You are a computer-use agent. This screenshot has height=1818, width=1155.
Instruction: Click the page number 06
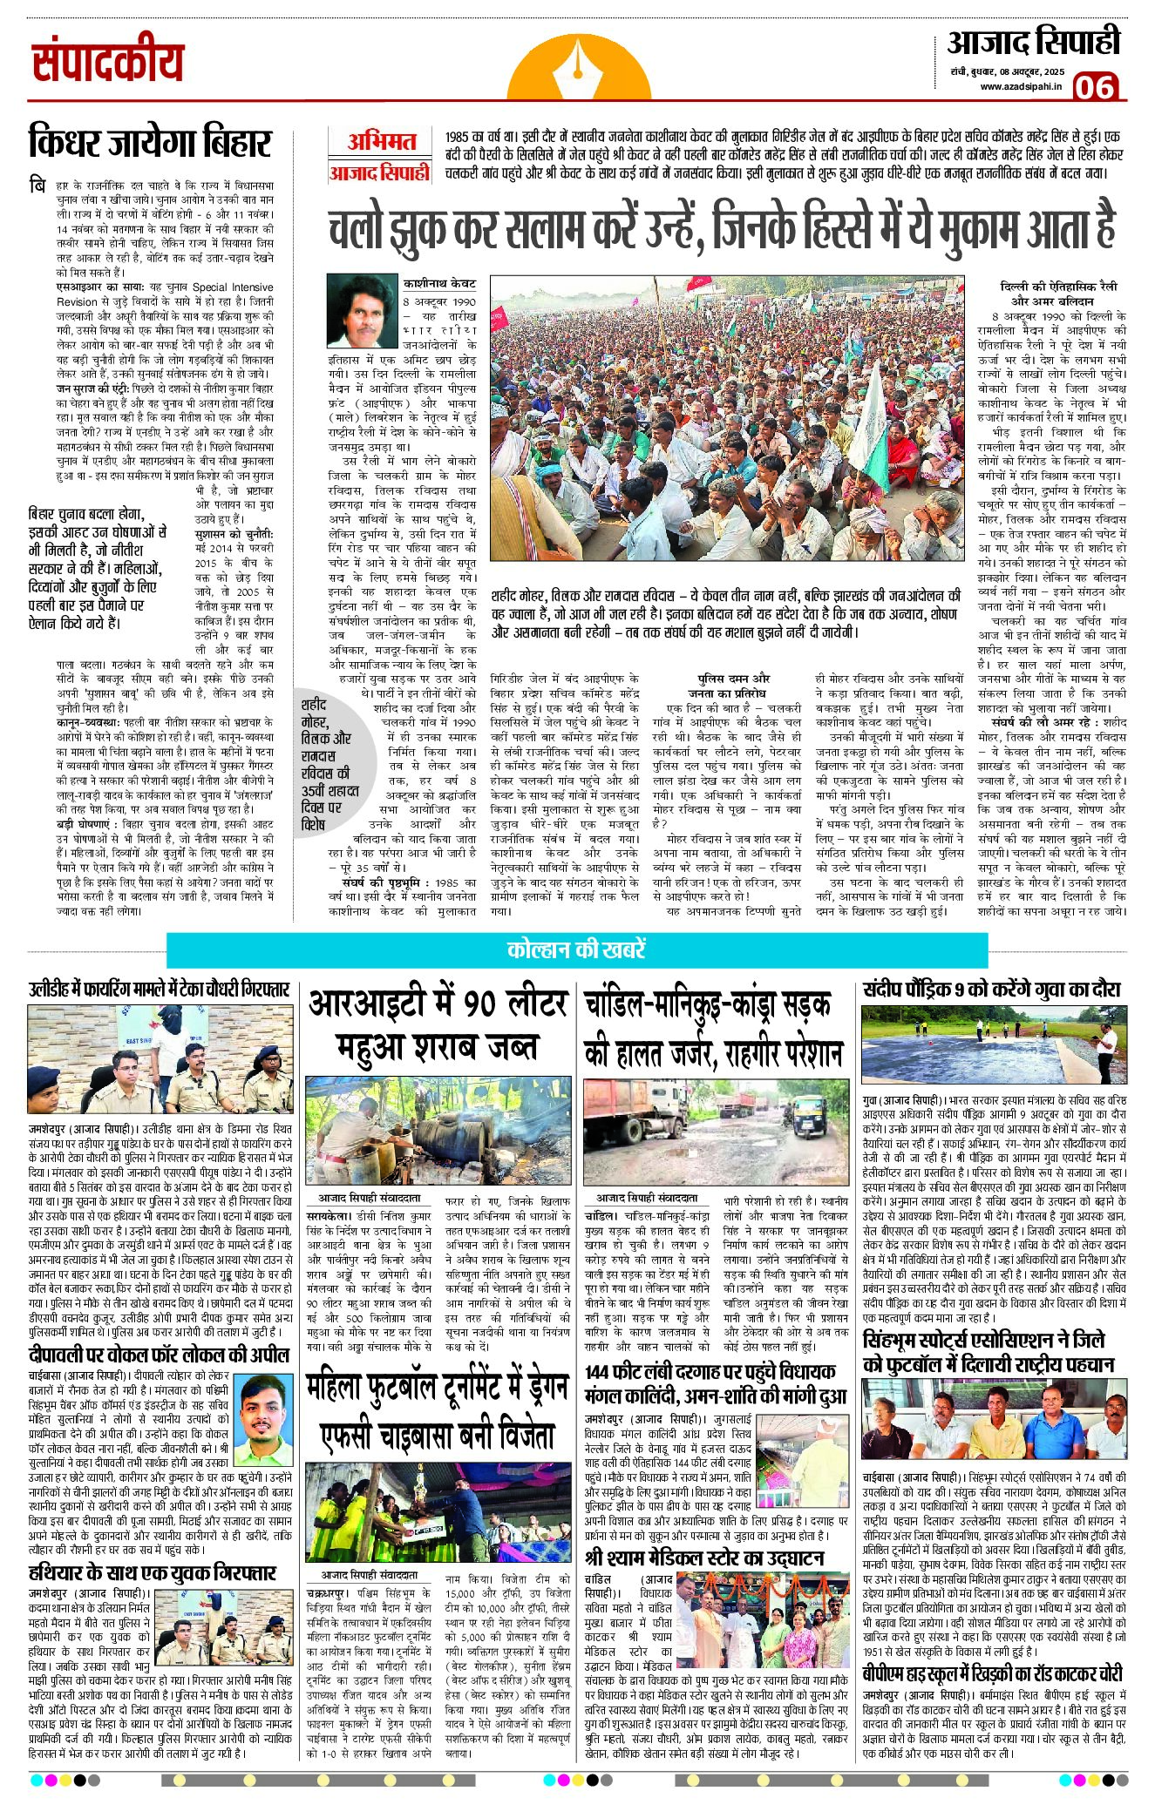tap(1094, 87)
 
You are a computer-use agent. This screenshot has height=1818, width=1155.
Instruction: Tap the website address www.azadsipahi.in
tap(1021, 85)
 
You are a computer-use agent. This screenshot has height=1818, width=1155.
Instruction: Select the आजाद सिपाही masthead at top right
tap(1033, 42)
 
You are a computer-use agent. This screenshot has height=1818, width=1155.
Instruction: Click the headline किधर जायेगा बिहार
tap(150, 143)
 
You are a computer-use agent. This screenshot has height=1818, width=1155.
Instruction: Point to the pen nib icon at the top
tap(578, 61)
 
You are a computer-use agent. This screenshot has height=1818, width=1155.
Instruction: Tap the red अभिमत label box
tap(380, 142)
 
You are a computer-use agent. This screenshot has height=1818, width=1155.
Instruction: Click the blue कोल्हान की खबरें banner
tap(577, 950)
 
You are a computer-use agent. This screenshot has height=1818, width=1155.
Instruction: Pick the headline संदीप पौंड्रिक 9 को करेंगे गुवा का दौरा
tap(992, 990)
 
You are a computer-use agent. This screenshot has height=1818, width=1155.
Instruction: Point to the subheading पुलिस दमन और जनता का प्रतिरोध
tap(734, 685)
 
